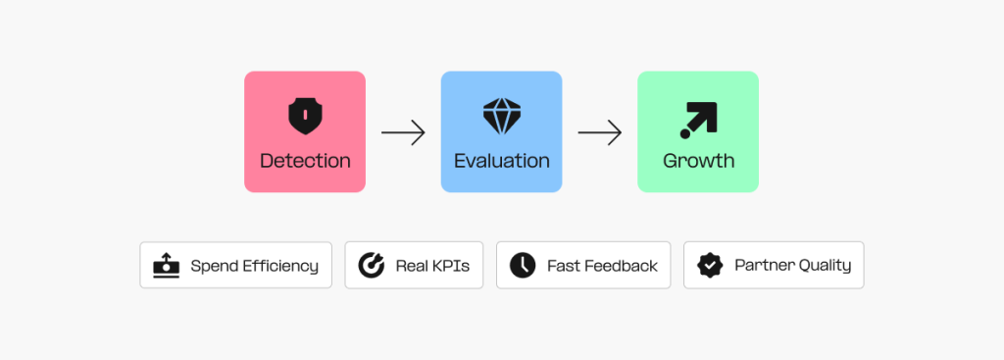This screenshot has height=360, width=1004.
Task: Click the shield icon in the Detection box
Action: pos(304,116)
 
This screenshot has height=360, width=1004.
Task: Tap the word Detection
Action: pos(305,160)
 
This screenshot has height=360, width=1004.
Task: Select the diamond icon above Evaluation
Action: pos(501,116)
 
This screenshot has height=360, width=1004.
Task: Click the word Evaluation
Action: pos(501,160)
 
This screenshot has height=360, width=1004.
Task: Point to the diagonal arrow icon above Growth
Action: pos(698,119)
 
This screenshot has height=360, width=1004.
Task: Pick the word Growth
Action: pos(698,160)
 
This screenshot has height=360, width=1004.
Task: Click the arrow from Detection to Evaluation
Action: pos(403,132)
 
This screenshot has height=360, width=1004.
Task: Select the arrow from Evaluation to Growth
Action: pos(600,132)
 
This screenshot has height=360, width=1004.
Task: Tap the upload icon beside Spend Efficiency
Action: pos(167,265)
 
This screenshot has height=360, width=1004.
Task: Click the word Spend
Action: pos(212,266)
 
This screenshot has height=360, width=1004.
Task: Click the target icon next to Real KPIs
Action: pos(371,265)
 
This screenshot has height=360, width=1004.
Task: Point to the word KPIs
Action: pos(449,266)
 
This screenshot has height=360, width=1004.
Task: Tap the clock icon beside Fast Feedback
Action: pos(523,265)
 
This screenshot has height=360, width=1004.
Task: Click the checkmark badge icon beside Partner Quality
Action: pos(710,265)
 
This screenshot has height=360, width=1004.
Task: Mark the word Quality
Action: pos(824,266)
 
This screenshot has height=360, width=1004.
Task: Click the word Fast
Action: pos(563,266)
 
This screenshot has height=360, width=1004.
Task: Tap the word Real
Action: pos(411,266)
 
